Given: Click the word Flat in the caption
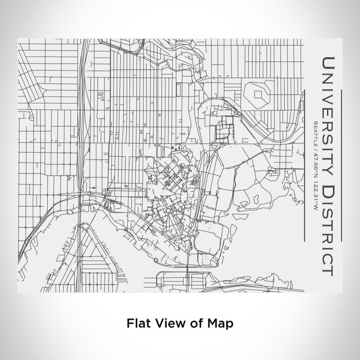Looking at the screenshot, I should click(x=137, y=323).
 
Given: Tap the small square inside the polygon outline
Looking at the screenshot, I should click(x=257, y=93).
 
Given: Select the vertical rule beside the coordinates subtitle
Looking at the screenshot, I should click(x=307, y=165).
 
